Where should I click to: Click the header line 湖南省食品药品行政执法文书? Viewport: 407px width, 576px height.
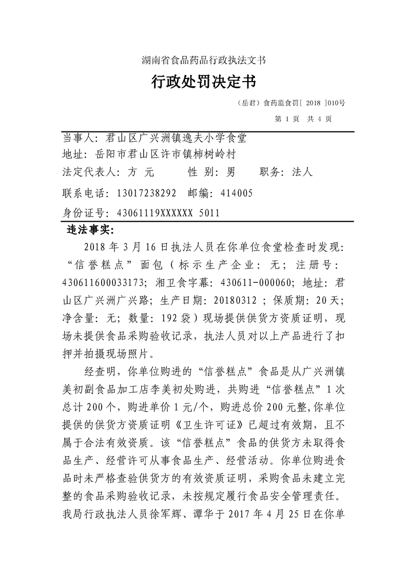(x=203, y=60)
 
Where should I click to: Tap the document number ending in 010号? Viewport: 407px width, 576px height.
(x=292, y=103)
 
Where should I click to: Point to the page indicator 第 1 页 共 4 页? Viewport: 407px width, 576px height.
(x=303, y=119)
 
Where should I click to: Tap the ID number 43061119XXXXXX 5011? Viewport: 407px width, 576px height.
(x=162, y=213)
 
